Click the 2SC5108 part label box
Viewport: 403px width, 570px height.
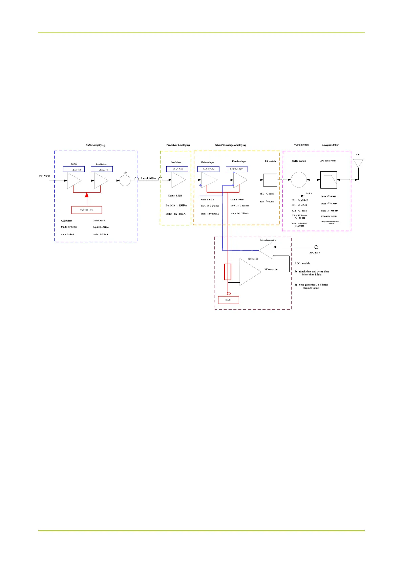[x=74, y=169]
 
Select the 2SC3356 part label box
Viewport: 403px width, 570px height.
[x=102, y=169]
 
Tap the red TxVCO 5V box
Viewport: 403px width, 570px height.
[x=87, y=210]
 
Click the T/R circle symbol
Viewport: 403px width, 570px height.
[x=125, y=180]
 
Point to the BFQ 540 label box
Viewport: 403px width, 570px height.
[x=177, y=169]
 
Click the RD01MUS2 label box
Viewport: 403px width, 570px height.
[x=208, y=169]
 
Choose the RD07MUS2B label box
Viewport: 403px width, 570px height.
[x=237, y=169]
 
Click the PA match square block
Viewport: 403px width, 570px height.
[x=270, y=180]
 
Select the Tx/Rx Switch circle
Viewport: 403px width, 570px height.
[x=299, y=179]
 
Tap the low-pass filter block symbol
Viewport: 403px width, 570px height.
[x=328, y=180]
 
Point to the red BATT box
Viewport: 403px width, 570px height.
[x=229, y=300]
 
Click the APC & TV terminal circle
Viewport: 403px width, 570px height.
[x=316, y=247]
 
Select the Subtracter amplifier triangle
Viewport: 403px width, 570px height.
[x=250, y=272]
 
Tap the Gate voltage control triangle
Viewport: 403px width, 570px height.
[x=267, y=250]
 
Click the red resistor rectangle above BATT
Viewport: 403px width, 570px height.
[x=228, y=272]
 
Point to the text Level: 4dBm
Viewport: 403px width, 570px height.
[x=148, y=178]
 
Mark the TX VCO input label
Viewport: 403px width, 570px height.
[x=45, y=176]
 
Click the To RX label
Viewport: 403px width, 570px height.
[x=309, y=193]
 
